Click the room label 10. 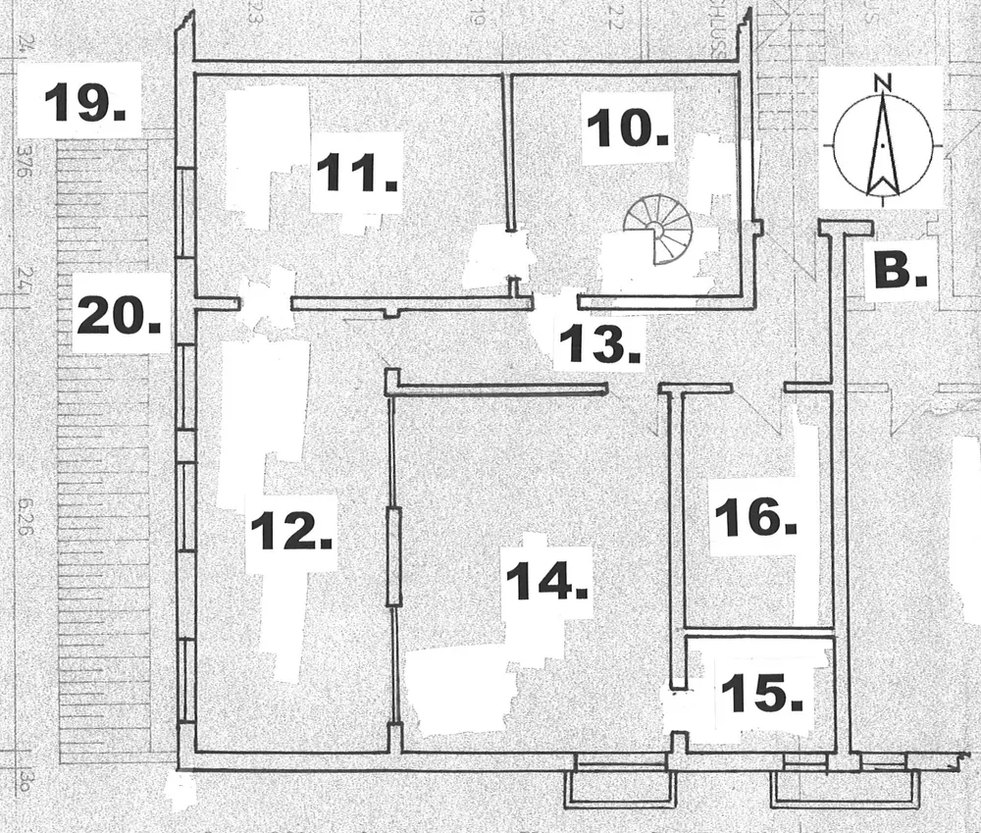[x=629, y=128]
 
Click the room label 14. [x=546, y=583]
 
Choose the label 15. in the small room [x=762, y=694]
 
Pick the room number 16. [x=753, y=517]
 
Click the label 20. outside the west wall [x=119, y=315]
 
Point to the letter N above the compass [x=883, y=82]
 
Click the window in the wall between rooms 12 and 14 [x=393, y=556]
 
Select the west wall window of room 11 [x=184, y=212]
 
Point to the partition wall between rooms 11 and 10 [x=509, y=152]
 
